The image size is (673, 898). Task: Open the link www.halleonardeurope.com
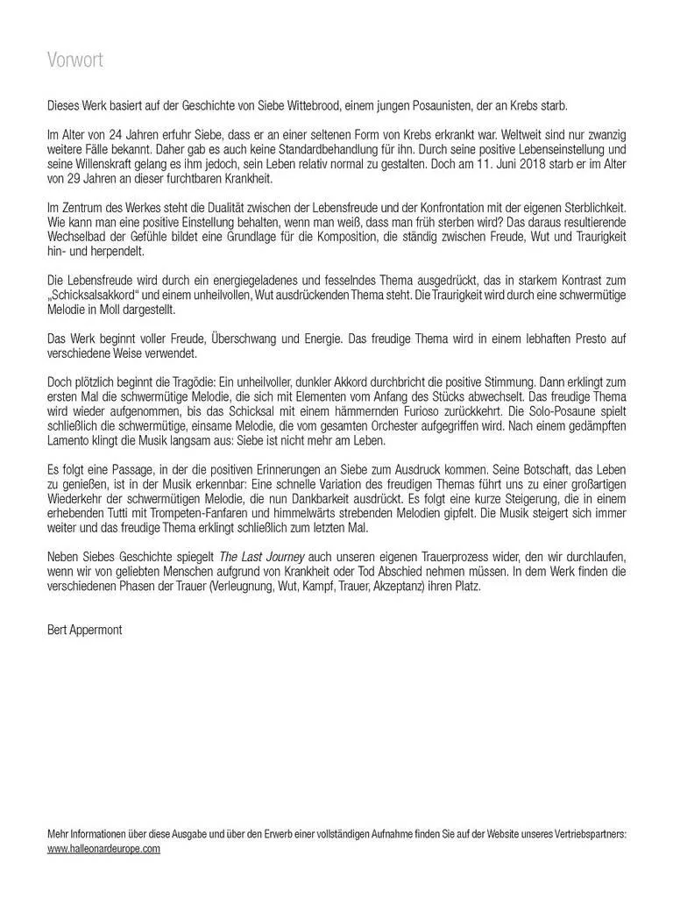click(x=103, y=850)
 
